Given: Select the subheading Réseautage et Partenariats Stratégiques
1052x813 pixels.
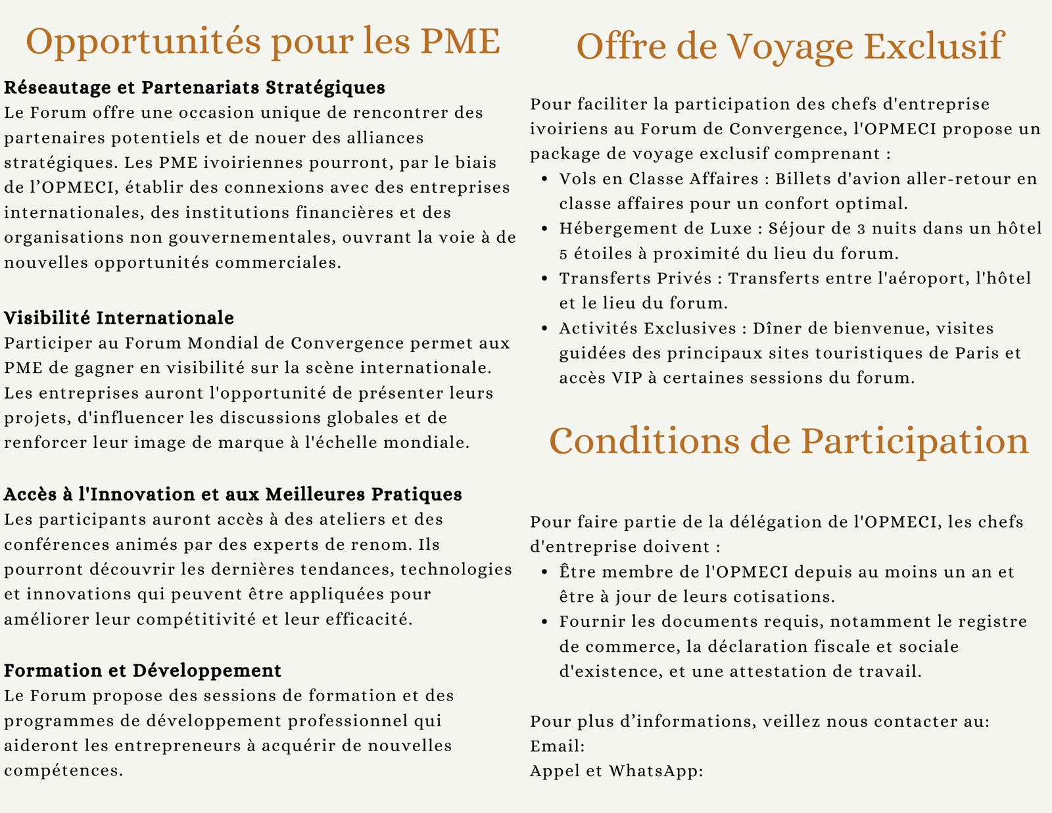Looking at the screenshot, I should point(195,87).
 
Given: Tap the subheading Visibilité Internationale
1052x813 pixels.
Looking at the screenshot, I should point(119,318).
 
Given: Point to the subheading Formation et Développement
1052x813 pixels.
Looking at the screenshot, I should point(143,670).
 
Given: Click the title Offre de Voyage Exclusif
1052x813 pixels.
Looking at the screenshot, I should point(790,46).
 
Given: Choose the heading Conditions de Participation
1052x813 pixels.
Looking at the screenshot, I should point(789,441).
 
